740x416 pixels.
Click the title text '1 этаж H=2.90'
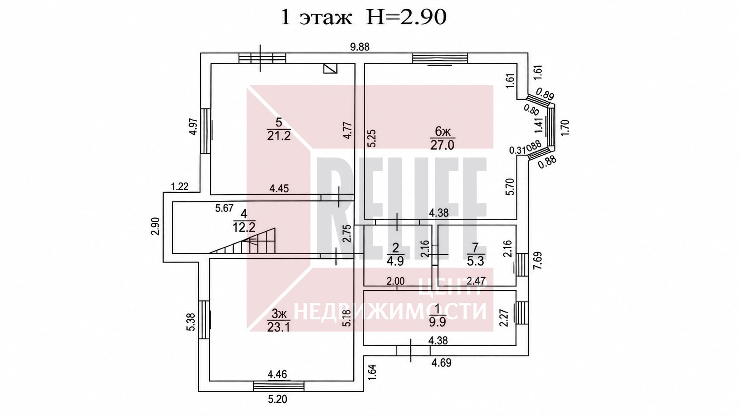click(363, 17)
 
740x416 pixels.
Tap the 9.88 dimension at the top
click(360, 47)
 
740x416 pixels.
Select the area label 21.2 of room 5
click(279, 136)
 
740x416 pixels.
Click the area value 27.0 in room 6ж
click(442, 145)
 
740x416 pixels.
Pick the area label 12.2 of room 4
click(244, 227)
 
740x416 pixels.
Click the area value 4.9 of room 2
click(395, 261)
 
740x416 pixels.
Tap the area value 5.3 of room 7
click(476, 261)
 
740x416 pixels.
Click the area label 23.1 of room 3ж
click(278, 327)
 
